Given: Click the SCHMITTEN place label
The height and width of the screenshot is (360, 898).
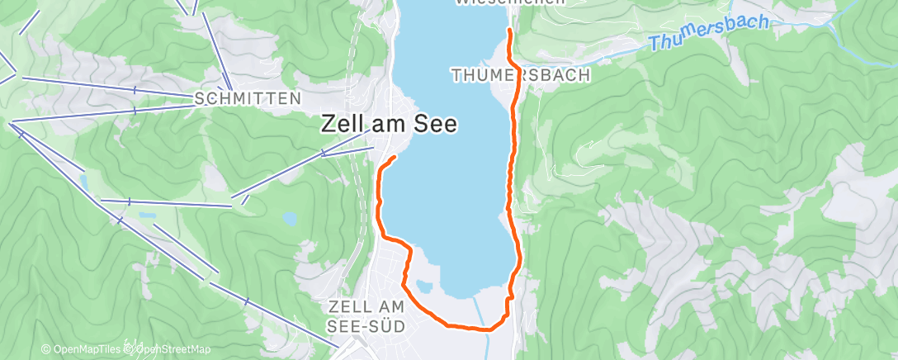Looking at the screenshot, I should [x=247, y=99].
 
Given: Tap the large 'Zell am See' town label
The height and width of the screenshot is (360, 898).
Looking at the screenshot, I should [x=388, y=125].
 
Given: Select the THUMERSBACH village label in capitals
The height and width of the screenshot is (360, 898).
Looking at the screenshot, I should [x=520, y=75].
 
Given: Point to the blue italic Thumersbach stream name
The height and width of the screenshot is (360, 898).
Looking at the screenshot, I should [x=708, y=32].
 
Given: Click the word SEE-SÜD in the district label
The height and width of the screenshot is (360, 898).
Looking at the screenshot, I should [x=366, y=326].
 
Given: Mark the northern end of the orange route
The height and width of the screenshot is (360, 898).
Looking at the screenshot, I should [x=508, y=31].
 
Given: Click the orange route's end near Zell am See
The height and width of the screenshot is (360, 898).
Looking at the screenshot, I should [x=395, y=156].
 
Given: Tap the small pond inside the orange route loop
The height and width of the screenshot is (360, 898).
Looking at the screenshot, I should [x=424, y=287].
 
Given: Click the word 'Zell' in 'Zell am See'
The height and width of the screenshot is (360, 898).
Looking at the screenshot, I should [x=340, y=125].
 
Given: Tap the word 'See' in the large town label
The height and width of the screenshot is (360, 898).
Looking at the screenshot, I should [x=435, y=125].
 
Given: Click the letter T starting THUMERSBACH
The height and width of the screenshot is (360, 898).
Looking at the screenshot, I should [x=455, y=75].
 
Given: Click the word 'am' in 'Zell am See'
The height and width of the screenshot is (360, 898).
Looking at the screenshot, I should [x=386, y=125].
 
